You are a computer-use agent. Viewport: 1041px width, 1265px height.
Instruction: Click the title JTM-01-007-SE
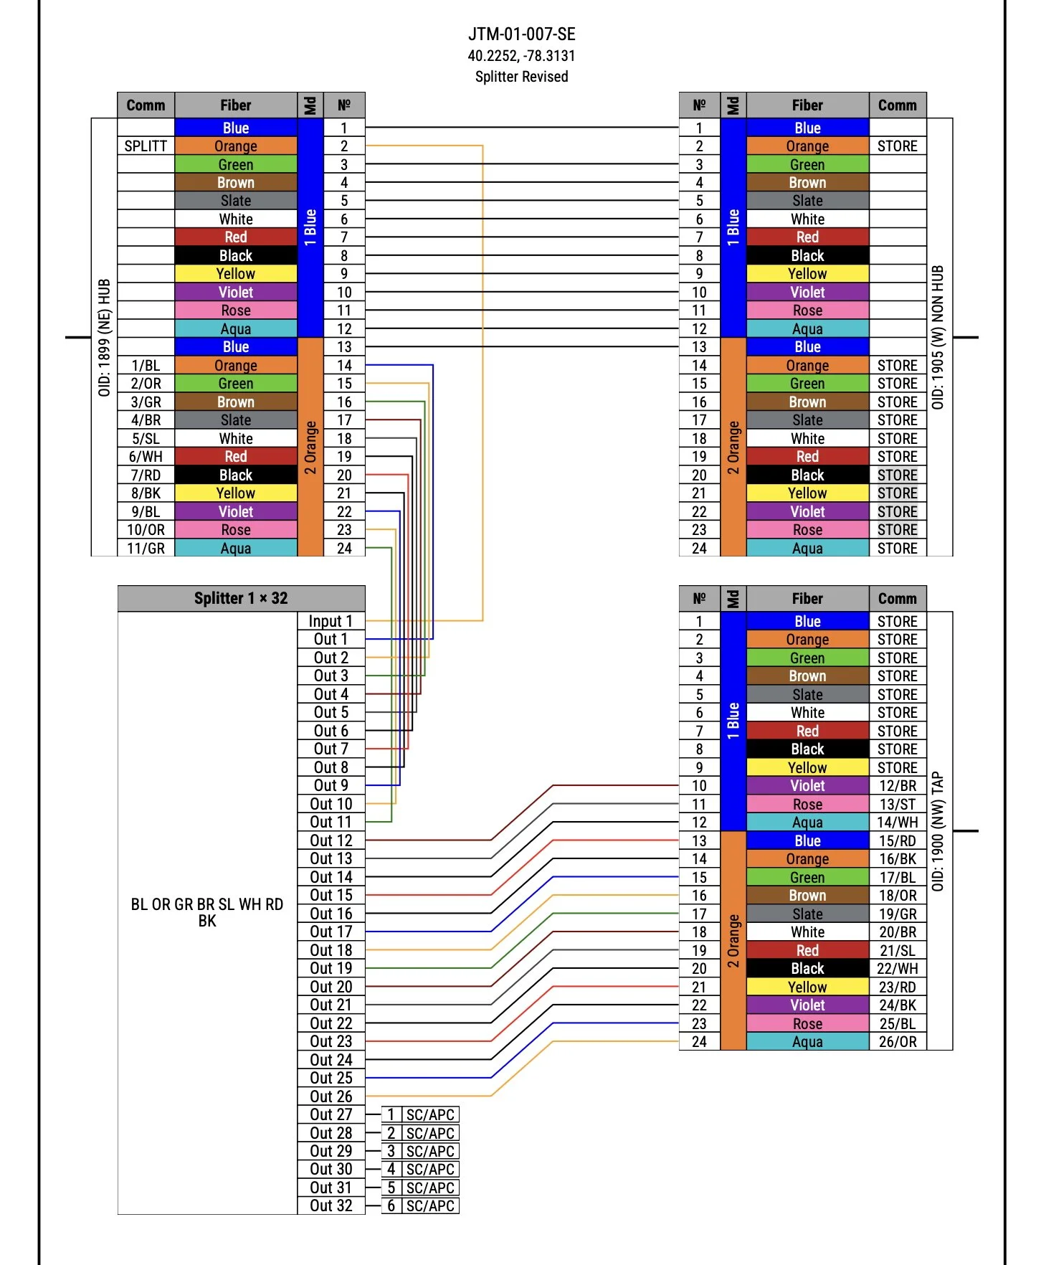tap(521, 34)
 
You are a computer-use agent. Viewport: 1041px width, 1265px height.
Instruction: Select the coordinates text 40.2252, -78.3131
tap(521, 56)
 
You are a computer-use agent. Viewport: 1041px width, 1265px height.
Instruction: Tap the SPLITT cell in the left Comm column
tap(146, 146)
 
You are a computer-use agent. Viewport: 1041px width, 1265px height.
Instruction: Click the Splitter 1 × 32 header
tap(241, 598)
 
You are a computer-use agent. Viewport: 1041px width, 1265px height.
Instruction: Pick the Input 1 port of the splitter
tap(331, 621)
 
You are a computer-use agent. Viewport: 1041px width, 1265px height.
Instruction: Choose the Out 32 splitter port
tap(331, 1205)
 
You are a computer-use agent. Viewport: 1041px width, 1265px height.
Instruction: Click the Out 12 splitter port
tap(331, 840)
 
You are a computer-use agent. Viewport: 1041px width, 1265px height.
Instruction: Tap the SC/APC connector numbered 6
tap(421, 1205)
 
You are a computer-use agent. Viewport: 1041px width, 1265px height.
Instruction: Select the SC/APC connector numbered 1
tap(421, 1114)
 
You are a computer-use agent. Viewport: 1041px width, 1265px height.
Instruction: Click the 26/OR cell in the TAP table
tap(898, 1041)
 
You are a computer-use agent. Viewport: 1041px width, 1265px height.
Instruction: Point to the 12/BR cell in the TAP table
tap(898, 786)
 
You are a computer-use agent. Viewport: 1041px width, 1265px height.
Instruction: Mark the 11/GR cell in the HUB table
tap(146, 549)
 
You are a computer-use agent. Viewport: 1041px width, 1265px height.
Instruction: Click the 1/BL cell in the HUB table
tap(146, 366)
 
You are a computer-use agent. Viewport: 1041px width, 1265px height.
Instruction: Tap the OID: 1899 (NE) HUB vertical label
tap(105, 337)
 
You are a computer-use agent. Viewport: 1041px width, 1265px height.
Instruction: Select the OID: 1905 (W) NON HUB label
tap(938, 337)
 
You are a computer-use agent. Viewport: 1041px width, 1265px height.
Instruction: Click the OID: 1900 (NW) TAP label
tap(938, 831)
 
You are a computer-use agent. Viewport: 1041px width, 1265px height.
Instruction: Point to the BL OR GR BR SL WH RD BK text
tap(207, 912)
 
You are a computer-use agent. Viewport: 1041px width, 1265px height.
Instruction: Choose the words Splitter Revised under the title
tap(521, 77)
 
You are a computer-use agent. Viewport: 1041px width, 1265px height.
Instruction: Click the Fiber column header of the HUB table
tap(235, 105)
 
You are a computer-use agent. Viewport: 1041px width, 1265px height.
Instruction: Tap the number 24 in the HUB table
tap(344, 549)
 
